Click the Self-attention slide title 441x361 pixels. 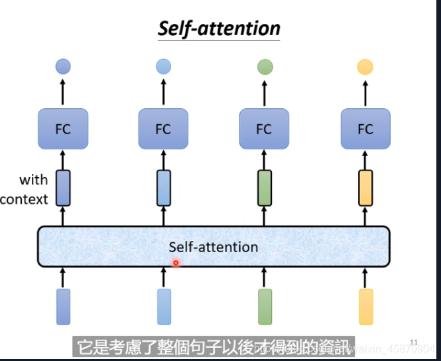219,29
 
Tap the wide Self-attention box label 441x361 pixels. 213,247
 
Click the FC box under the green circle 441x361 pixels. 264,129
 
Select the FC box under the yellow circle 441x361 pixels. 365,129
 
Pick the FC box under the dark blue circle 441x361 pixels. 63,129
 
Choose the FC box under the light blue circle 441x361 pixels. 163,129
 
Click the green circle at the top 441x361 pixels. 264,66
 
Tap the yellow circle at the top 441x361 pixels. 365,66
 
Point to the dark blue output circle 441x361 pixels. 63,66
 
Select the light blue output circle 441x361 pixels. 163,66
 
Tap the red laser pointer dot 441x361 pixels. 176,263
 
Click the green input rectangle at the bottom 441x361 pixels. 264,307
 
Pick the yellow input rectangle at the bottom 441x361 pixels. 365,307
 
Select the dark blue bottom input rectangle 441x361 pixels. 63,307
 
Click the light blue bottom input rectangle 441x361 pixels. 163,307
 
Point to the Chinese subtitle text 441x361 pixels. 212,346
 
